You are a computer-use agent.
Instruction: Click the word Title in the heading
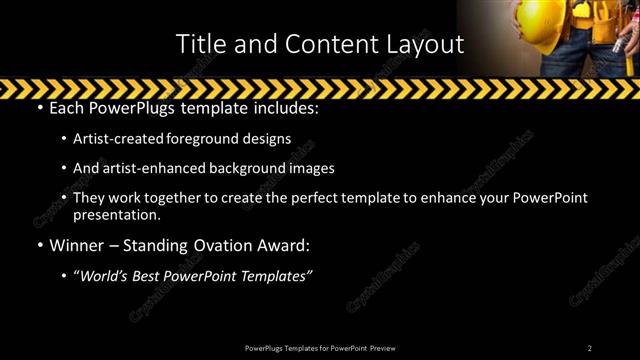tap(198, 44)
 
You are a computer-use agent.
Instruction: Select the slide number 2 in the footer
tap(589, 348)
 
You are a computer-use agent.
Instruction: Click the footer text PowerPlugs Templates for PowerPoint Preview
tap(319, 348)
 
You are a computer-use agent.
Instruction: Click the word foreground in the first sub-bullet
tap(219, 138)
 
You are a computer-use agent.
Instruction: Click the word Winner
tap(78, 245)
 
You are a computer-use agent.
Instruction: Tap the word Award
tap(283, 245)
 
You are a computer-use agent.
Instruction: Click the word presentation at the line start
tap(116, 214)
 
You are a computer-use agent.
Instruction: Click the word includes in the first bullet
tap(283, 106)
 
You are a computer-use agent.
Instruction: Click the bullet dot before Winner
tap(38, 246)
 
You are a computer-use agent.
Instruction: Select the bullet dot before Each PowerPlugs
tap(38, 107)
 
